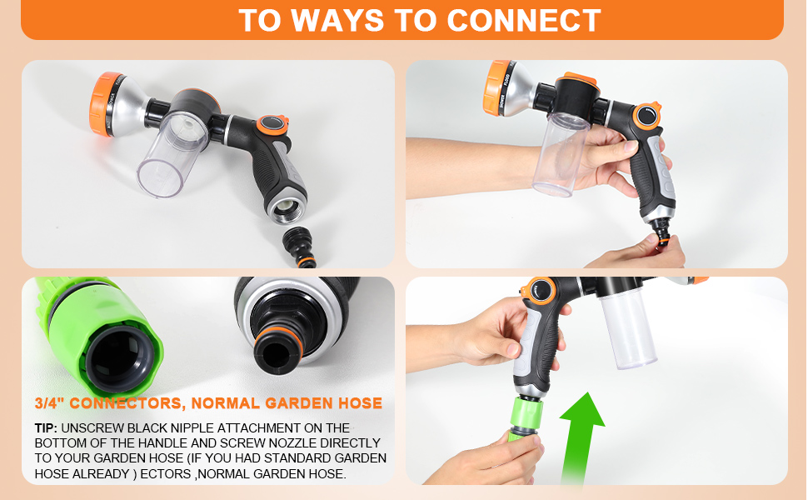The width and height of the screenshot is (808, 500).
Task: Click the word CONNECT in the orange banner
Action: pyautogui.click(x=524, y=21)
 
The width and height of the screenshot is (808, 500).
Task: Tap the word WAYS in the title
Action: pyautogui.click(x=337, y=21)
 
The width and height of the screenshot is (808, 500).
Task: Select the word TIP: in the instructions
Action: pyautogui.click(x=46, y=428)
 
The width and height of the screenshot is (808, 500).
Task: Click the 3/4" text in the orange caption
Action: pyautogui.click(x=48, y=403)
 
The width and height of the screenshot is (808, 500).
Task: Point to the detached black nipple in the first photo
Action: pyautogui.click(x=299, y=247)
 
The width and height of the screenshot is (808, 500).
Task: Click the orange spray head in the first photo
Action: pyautogui.click(x=106, y=104)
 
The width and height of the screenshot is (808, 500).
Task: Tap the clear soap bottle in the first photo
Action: pyautogui.click(x=172, y=155)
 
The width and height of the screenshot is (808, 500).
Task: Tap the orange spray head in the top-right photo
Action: pyautogui.click(x=496, y=87)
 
